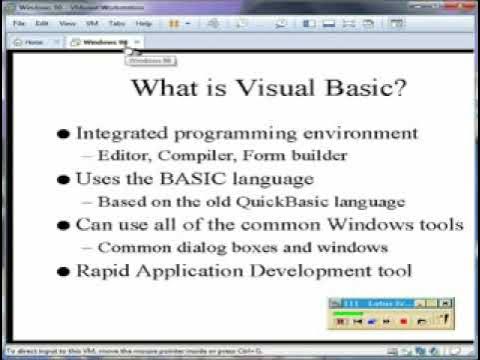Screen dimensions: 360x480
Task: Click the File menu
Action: [19, 22]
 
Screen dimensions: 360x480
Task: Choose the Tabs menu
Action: [119, 22]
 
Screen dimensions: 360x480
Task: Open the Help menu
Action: [145, 22]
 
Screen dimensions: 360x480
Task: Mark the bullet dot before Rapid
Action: [65, 271]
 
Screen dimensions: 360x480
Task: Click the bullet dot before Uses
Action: [65, 180]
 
